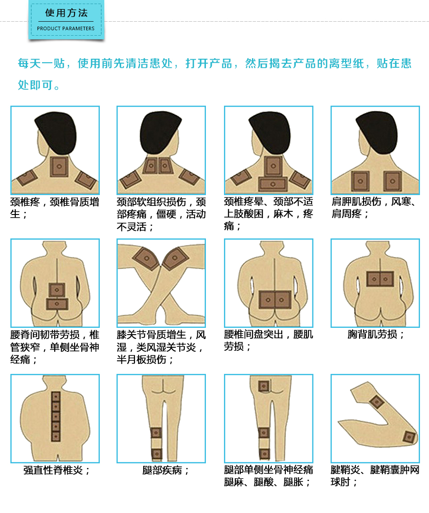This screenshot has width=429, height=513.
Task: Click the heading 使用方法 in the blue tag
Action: [66, 13]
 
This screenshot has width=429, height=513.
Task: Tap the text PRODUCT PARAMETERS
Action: [66, 28]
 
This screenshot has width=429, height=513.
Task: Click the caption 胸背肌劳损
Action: [376, 334]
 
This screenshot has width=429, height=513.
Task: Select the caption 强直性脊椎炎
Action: [56, 470]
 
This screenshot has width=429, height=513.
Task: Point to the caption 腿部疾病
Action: [166, 470]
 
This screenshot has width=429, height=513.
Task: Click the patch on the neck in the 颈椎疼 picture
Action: [59, 167]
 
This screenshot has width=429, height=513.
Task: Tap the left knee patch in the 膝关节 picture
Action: [146, 258]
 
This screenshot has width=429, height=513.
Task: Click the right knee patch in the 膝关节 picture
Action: [175, 258]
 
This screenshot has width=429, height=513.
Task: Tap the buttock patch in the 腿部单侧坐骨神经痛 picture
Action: [263, 386]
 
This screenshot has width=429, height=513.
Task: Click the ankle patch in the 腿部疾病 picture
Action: [156, 453]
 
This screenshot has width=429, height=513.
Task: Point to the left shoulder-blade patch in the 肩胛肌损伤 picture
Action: [360, 181]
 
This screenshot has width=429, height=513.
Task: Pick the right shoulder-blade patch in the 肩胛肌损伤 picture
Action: [392, 181]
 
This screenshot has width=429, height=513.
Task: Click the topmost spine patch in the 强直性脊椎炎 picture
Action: [56, 396]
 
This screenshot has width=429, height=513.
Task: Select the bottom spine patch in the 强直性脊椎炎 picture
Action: [56, 436]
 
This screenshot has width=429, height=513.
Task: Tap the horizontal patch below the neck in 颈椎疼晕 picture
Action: [273, 184]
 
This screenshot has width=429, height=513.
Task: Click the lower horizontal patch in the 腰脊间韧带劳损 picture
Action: [57, 304]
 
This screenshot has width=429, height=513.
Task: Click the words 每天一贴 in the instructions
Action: [41, 63]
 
